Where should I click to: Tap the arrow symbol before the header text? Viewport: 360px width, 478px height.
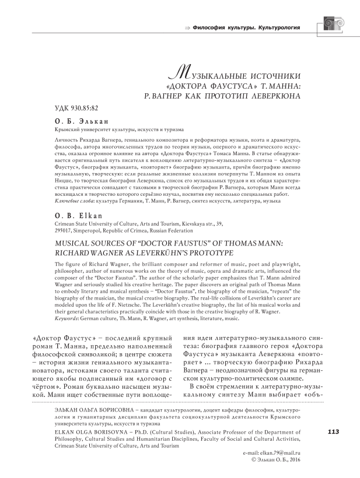[188, 27]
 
